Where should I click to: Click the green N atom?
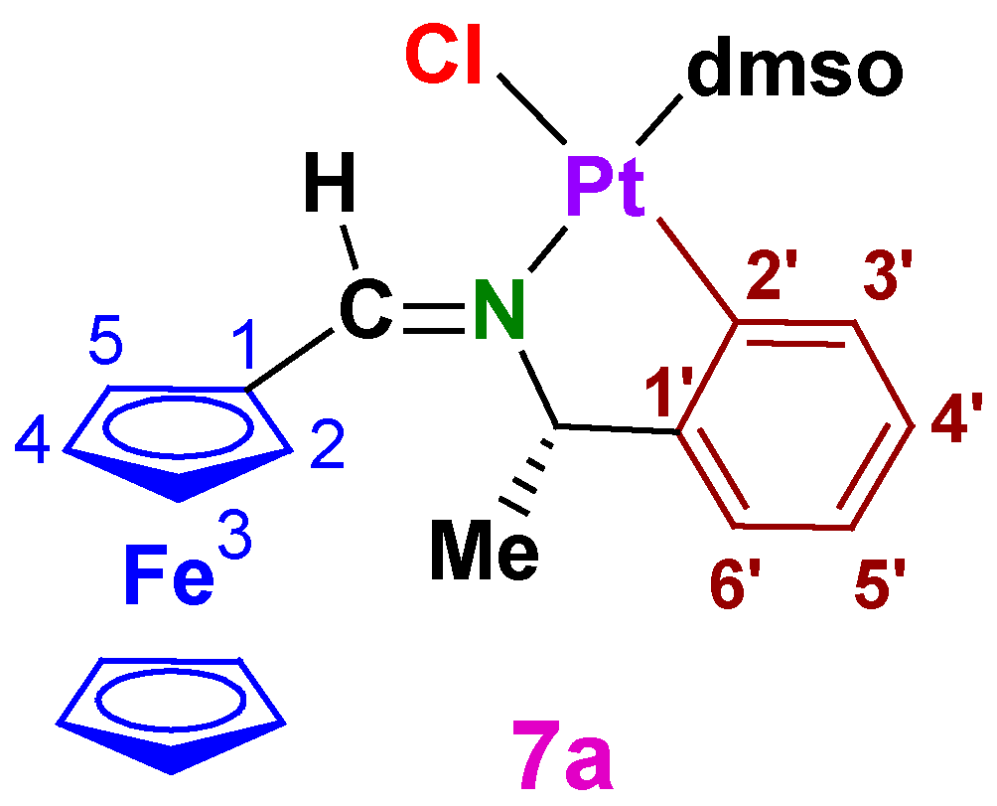pyautogui.click(x=498, y=314)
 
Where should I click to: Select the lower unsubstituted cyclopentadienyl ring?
pyautogui.click(x=171, y=712)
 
